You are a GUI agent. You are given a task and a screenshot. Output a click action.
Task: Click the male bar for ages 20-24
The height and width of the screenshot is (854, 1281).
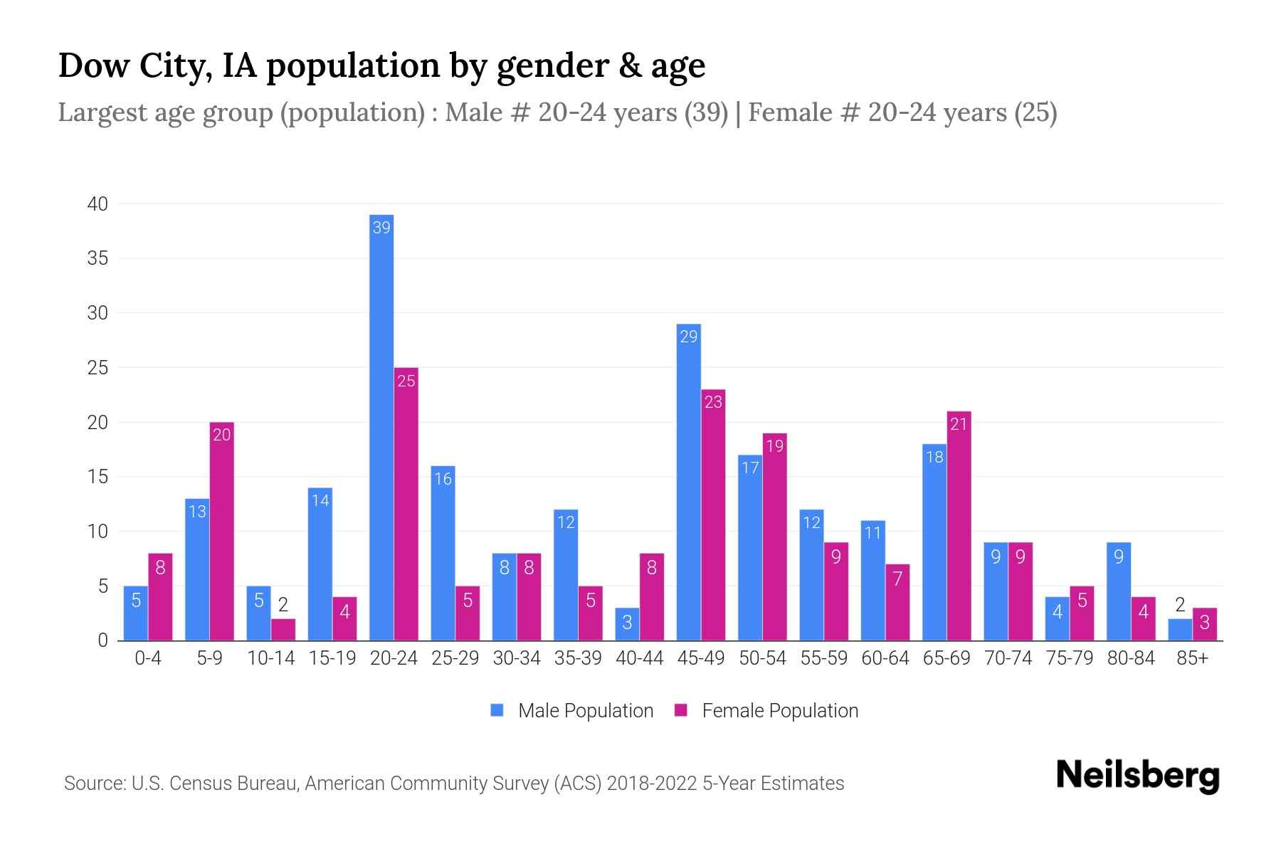[x=381, y=427]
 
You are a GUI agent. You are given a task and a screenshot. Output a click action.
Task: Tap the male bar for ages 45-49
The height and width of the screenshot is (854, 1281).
[x=688, y=483]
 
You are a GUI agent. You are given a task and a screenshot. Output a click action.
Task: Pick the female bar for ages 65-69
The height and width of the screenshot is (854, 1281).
[x=959, y=526]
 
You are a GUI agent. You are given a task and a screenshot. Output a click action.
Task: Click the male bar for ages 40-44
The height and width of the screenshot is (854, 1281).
[x=627, y=624]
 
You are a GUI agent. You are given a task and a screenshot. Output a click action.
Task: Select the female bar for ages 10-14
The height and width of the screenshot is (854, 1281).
[x=283, y=630]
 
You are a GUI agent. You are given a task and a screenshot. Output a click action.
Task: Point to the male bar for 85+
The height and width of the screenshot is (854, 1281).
[x=1180, y=630]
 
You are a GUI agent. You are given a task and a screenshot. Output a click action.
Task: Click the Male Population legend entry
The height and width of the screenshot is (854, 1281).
[x=572, y=711]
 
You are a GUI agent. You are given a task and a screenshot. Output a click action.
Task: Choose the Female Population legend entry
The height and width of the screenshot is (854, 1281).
[x=767, y=711]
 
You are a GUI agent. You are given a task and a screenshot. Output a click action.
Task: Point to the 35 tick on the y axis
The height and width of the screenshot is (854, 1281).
[x=97, y=258]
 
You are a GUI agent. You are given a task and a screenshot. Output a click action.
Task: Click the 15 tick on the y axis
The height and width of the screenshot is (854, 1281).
[x=97, y=477]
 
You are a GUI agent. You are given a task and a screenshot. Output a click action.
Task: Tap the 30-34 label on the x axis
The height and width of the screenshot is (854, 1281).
[x=517, y=658]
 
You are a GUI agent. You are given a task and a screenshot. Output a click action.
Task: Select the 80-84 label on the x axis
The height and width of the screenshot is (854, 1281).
[x=1131, y=658]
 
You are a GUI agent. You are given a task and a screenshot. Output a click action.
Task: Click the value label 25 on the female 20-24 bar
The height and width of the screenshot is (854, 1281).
[x=406, y=381]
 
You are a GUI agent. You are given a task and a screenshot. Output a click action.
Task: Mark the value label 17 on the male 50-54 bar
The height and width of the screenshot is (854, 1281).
[x=750, y=468]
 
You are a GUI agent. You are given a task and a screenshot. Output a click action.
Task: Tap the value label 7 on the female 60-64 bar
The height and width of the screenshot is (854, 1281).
[x=897, y=579]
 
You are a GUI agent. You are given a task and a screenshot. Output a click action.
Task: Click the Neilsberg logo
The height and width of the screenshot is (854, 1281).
[x=1137, y=776]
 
